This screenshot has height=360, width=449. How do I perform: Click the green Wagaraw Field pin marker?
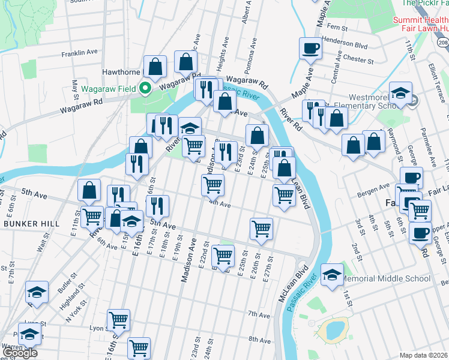tap(144, 89)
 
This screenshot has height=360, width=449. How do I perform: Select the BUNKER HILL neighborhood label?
tap(31, 223)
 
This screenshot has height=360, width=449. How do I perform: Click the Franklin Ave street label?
tap(80, 53)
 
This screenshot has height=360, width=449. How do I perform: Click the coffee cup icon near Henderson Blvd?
tap(310, 49)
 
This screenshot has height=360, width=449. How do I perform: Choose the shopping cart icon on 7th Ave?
tap(118, 319)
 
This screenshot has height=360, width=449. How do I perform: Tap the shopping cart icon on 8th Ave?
tap(139, 347)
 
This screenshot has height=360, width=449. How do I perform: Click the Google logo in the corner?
tap(20, 353)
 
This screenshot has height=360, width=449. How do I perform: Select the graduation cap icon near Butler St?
tap(37, 292)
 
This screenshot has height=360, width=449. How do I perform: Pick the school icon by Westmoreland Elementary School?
tap(400, 93)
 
